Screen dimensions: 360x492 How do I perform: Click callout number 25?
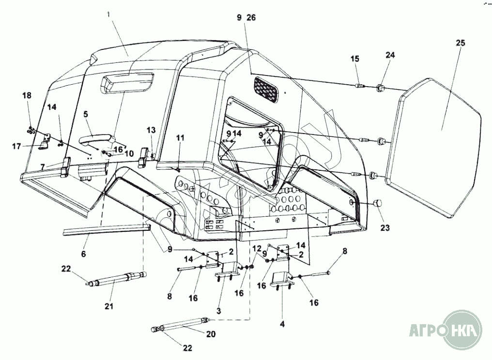(460, 43)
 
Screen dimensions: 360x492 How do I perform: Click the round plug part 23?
(378, 203)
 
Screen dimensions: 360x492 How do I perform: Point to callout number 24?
(390, 55)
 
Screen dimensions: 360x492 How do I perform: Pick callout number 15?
(355, 59)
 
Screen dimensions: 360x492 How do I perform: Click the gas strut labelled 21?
(116, 280)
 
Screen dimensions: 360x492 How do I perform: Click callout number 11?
(180, 138)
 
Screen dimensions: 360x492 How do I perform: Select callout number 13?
(152, 130)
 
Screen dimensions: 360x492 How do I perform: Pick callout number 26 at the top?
(251, 17)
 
